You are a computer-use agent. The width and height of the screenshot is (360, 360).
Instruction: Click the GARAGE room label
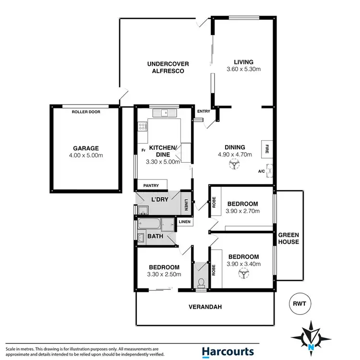85,148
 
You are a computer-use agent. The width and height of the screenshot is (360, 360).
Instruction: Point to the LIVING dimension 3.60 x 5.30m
243,70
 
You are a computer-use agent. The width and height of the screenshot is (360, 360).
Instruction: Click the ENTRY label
204,112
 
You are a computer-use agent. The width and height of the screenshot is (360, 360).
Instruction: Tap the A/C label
262,171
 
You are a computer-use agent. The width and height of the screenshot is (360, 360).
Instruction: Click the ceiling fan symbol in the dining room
234,166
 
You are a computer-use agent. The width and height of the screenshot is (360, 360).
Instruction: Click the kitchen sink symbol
165,113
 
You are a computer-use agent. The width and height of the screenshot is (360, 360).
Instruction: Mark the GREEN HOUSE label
288,238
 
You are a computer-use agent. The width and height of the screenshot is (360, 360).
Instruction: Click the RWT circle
300,303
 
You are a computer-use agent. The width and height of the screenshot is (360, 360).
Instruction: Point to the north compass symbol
313,336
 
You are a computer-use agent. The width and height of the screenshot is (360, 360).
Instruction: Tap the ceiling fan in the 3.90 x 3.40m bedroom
243,273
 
